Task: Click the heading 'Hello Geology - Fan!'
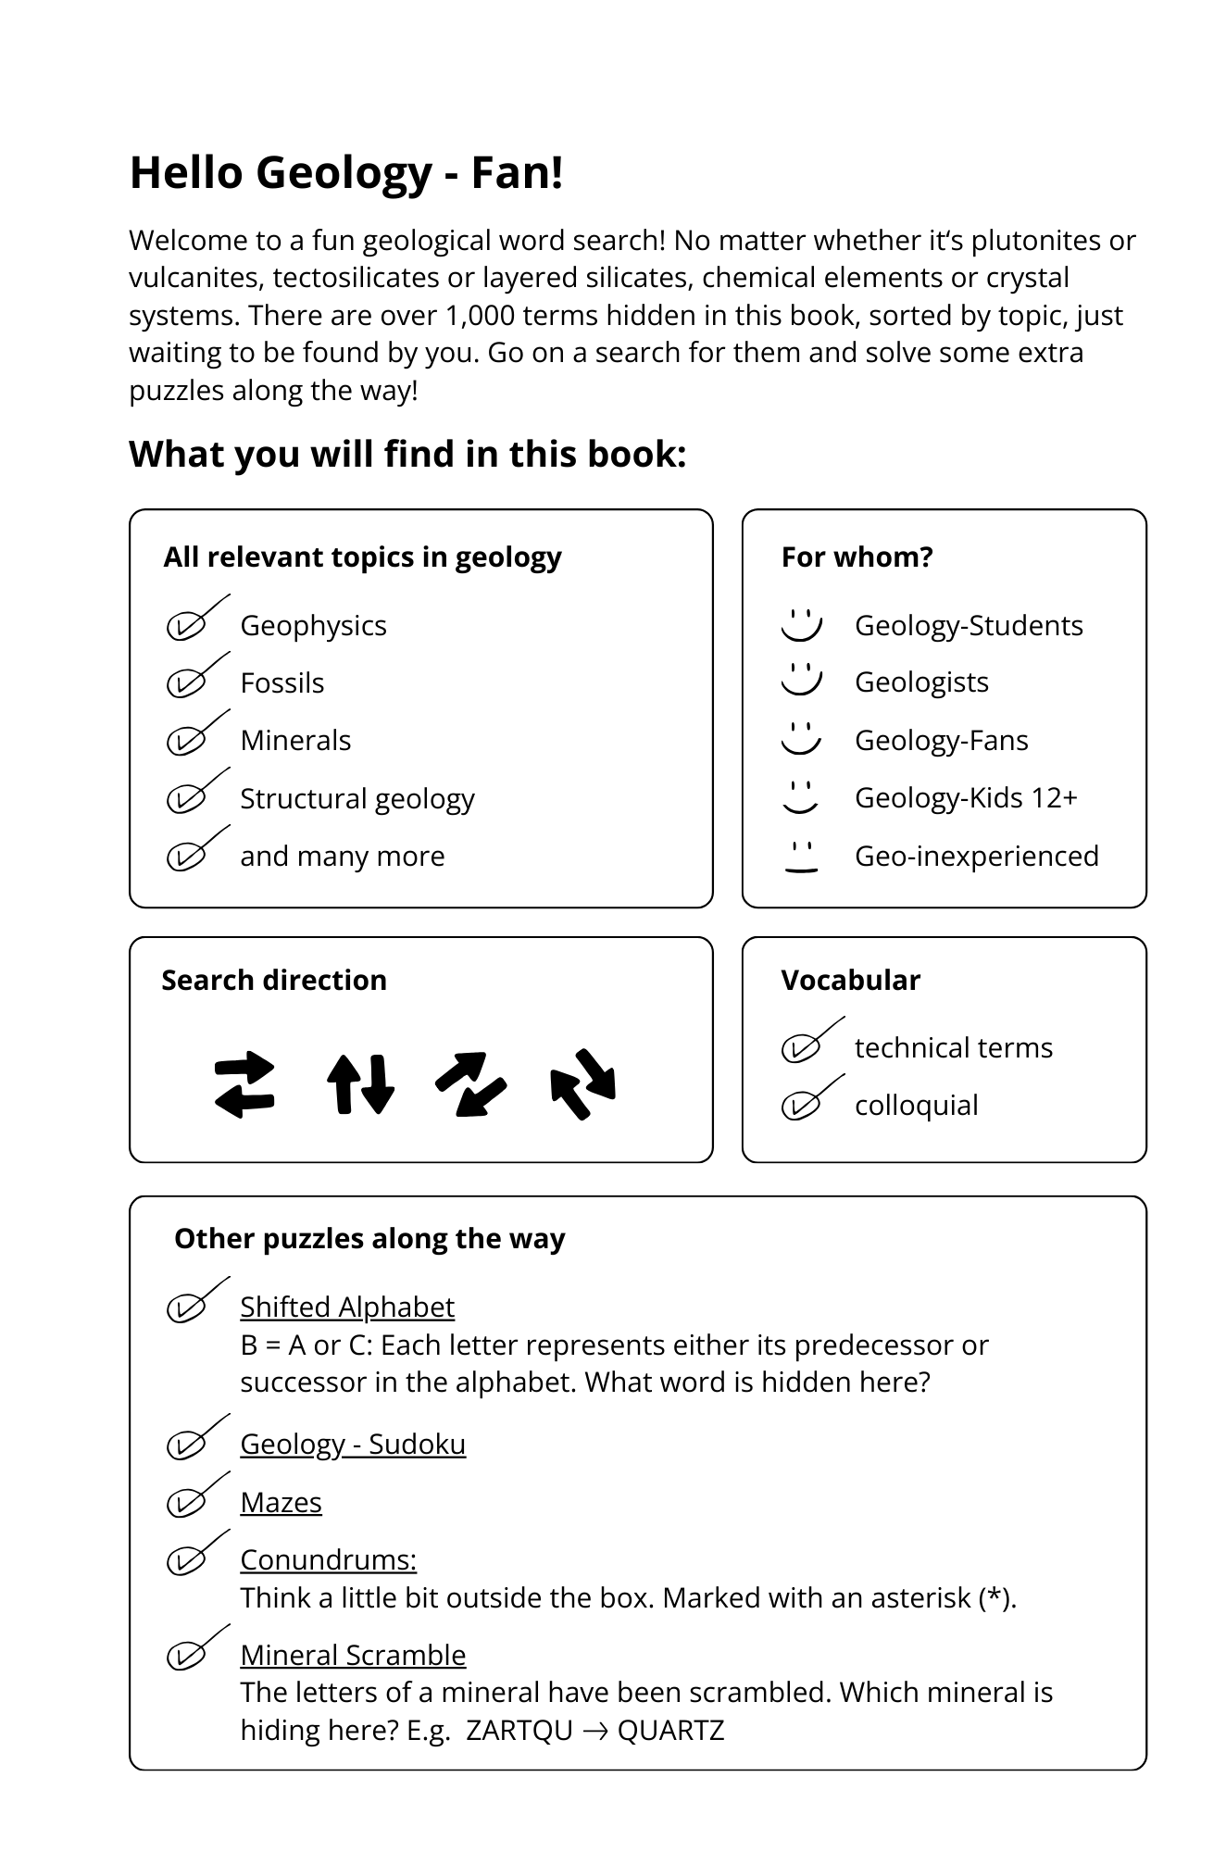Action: (x=346, y=173)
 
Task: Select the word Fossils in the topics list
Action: (x=281, y=683)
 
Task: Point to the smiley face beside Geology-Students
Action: (x=801, y=625)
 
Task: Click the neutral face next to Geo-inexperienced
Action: (x=801, y=857)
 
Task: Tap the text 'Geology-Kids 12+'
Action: (x=966, y=798)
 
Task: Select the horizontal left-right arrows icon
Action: (x=244, y=1084)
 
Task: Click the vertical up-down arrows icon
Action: (x=360, y=1084)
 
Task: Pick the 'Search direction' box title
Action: (x=274, y=981)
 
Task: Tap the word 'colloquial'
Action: (x=916, y=1106)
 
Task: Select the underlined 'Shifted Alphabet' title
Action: (x=347, y=1307)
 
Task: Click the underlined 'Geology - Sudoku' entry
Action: (x=353, y=1445)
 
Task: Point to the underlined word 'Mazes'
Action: (x=281, y=1502)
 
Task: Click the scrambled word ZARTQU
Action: (x=519, y=1730)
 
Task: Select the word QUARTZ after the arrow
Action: (x=670, y=1730)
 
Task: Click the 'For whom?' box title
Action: (x=857, y=557)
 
